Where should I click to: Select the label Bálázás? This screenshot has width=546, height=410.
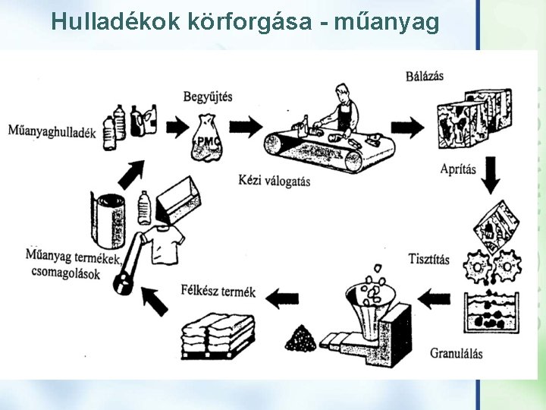coord(424,75)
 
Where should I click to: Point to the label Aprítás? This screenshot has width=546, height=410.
coord(458,169)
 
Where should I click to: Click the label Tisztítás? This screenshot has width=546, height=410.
coord(428,259)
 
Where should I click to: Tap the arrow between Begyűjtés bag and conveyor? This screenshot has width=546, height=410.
coord(244,125)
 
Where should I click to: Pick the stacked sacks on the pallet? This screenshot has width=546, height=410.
coord(218,333)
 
